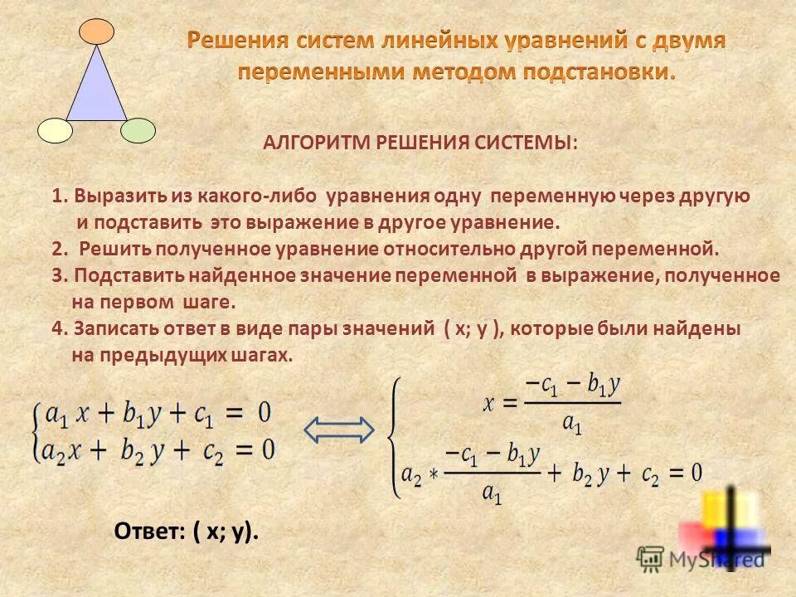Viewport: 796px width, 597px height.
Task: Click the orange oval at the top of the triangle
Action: pyautogui.click(x=96, y=32)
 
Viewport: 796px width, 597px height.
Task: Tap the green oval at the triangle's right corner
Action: pyautogui.click(x=138, y=130)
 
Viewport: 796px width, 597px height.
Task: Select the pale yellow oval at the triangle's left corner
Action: pyautogui.click(x=56, y=130)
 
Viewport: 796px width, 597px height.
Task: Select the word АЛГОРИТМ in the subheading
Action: pyautogui.click(x=317, y=143)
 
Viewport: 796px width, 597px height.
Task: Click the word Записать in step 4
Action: pyautogui.click(x=112, y=328)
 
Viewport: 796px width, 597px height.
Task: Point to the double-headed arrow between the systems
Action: pyautogui.click(x=339, y=429)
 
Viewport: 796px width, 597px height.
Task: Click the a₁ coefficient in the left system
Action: pyautogui.click(x=56, y=413)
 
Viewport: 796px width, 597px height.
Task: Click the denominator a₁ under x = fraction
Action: pyautogui.click(x=572, y=424)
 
